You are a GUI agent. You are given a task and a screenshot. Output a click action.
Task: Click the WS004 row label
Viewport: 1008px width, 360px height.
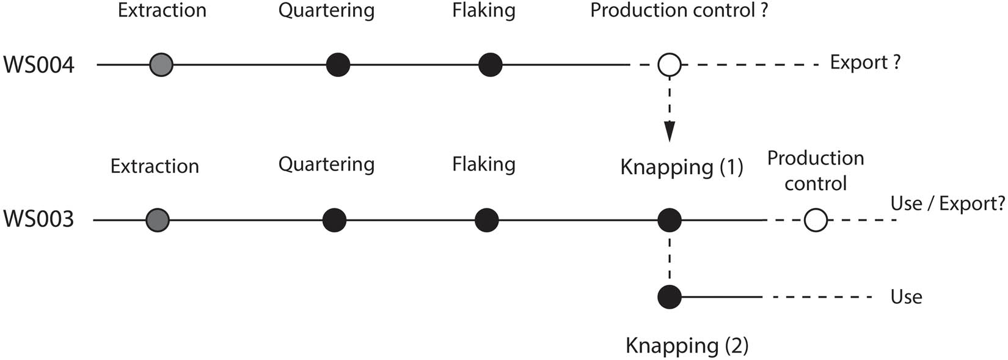pyautogui.click(x=39, y=65)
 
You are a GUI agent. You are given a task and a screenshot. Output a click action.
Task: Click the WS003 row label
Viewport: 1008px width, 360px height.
pyautogui.click(x=39, y=219)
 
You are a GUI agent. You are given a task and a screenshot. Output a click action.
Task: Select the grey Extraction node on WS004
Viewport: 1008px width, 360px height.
pyautogui.click(x=161, y=64)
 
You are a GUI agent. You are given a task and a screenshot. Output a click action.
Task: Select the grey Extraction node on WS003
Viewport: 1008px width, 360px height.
pyautogui.click(x=158, y=220)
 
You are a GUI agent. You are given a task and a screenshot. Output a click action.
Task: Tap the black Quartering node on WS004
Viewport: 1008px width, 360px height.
pyautogui.click(x=338, y=64)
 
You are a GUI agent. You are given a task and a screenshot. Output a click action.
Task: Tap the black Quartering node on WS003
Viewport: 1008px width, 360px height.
pyautogui.click(x=334, y=220)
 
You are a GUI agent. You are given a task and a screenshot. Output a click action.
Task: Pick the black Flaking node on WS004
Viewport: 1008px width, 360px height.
pyautogui.click(x=490, y=64)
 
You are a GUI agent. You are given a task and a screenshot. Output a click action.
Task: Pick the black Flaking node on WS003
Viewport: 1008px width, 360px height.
pyautogui.click(x=486, y=220)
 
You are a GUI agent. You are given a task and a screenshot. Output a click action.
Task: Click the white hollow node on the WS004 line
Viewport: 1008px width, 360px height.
pyautogui.click(x=670, y=64)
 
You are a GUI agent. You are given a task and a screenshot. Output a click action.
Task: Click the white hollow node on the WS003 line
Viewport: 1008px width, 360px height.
pyautogui.click(x=816, y=220)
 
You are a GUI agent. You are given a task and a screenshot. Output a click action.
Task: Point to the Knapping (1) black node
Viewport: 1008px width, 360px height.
pyautogui.click(x=670, y=220)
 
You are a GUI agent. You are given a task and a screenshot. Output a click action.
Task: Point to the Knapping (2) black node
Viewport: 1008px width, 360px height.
pyautogui.click(x=670, y=297)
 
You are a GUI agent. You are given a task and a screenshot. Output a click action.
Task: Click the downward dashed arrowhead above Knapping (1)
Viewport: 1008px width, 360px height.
pyautogui.click(x=670, y=131)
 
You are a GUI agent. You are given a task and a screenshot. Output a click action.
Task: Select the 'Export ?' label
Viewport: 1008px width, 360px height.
pyautogui.click(x=865, y=63)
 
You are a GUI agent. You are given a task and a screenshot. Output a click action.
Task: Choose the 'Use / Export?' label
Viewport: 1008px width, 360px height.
pyautogui.click(x=948, y=204)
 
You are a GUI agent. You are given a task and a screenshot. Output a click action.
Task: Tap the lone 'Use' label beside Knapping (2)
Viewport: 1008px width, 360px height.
pyautogui.click(x=906, y=297)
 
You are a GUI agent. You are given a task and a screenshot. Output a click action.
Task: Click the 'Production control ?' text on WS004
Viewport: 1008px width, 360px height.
pyautogui.click(x=679, y=11)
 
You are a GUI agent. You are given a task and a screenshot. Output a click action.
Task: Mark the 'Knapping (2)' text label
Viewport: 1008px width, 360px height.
pyautogui.click(x=687, y=346)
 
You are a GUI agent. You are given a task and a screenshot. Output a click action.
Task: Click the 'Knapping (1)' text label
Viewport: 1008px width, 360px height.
pyautogui.click(x=682, y=167)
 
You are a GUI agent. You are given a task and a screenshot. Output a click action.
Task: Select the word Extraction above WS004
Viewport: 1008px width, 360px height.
pyautogui.click(x=162, y=11)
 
